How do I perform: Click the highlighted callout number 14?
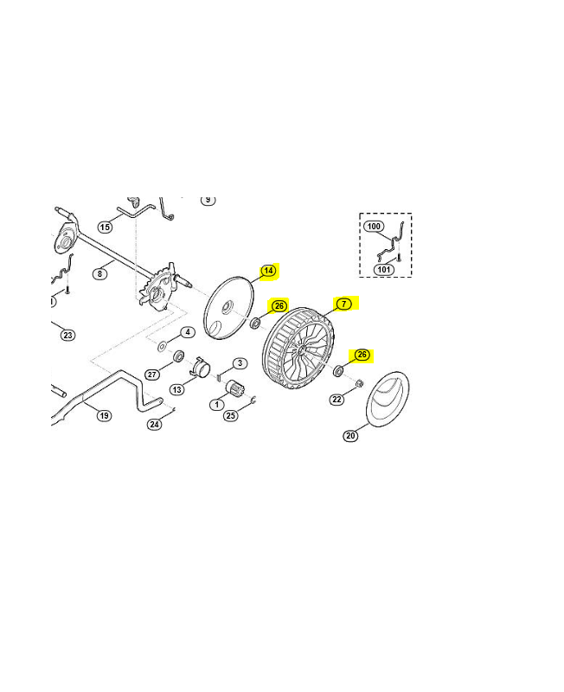(x=268, y=271)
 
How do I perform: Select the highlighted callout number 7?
(x=343, y=304)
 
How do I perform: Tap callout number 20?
(x=350, y=436)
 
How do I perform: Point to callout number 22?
(x=336, y=400)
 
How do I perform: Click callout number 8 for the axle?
(x=99, y=273)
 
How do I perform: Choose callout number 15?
(x=105, y=227)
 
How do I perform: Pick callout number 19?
(x=104, y=415)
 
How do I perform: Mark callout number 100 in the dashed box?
(x=374, y=227)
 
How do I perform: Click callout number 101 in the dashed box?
(x=383, y=269)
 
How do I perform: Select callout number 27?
(x=152, y=375)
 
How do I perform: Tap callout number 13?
(x=177, y=390)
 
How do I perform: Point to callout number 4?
(x=188, y=332)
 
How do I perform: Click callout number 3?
(x=240, y=363)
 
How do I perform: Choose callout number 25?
(x=230, y=415)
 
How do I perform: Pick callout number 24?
(x=154, y=424)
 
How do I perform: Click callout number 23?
(x=67, y=335)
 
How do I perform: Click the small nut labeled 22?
(x=359, y=383)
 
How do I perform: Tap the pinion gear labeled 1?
(x=234, y=388)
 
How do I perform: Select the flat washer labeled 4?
(x=162, y=345)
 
